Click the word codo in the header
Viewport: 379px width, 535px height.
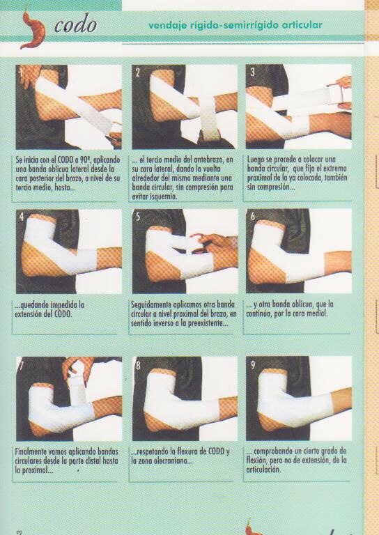(75, 24)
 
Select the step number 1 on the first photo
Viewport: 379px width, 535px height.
(21, 72)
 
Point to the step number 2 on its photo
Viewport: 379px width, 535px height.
(137, 72)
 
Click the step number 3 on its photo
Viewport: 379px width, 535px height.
(252, 72)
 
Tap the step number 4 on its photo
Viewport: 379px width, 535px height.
(22, 217)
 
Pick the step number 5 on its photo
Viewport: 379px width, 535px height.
(138, 217)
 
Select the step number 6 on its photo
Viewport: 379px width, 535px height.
(253, 217)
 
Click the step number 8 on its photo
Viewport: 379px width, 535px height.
(138, 366)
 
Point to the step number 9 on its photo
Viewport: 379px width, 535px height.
(253, 365)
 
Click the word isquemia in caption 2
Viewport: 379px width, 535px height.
(165, 196)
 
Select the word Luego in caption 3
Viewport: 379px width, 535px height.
(256, 160)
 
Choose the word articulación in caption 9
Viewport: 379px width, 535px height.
(263, 470)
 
